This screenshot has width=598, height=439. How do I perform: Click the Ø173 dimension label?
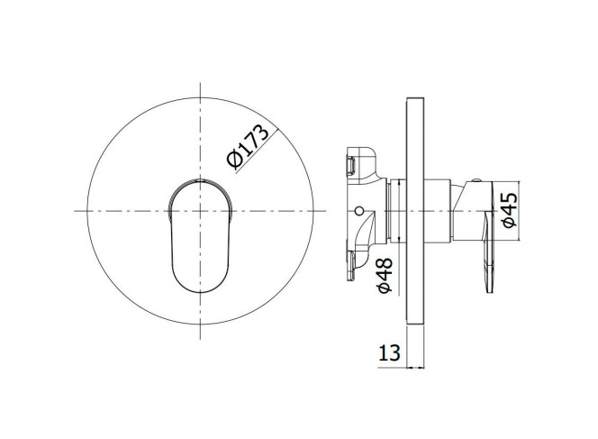click(x=248, y=146)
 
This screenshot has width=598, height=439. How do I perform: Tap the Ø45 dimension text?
click(x=510, y=210)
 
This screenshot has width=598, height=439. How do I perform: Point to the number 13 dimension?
click(x=389, y=352)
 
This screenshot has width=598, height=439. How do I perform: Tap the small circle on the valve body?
click(x=359, y=211)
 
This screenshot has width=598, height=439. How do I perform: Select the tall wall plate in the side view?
click(x=415, y=212)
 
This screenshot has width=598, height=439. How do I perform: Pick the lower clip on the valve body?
click(x=351, y=265)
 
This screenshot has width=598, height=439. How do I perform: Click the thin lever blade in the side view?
click(x=490, y=252)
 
